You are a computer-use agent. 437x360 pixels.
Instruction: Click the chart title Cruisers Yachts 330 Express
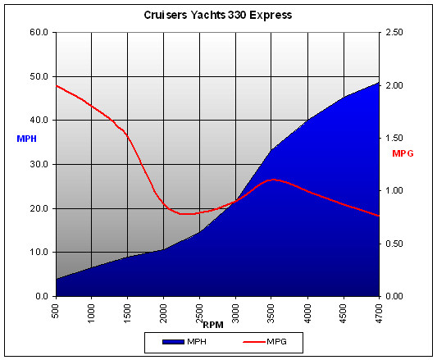pyautogui.click(x=218, y=15)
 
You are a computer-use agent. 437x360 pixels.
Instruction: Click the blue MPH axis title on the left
pyautogui.click(x=25, y=139)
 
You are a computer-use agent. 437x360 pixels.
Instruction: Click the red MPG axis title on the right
pyautogui.click(x=403, y=153)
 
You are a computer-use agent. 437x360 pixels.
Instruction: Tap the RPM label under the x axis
pyautogui.click(x=213, y=325)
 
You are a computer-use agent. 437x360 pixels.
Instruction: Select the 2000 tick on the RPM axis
pyautogui.click(x=163, y=313)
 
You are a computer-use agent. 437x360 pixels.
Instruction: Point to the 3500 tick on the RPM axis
pyautogui.click(x=271, y=313)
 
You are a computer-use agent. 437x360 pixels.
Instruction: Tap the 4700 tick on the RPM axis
pyautogui.click(x=379, y=313)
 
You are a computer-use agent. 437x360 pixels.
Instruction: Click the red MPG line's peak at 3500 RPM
pyautogui.click(x=273, y=179)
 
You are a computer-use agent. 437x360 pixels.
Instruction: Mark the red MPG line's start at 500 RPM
pyautogui.click(x=56, y=85)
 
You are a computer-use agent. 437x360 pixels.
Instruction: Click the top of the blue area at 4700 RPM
pyautogui.click(x=379, y=82)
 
